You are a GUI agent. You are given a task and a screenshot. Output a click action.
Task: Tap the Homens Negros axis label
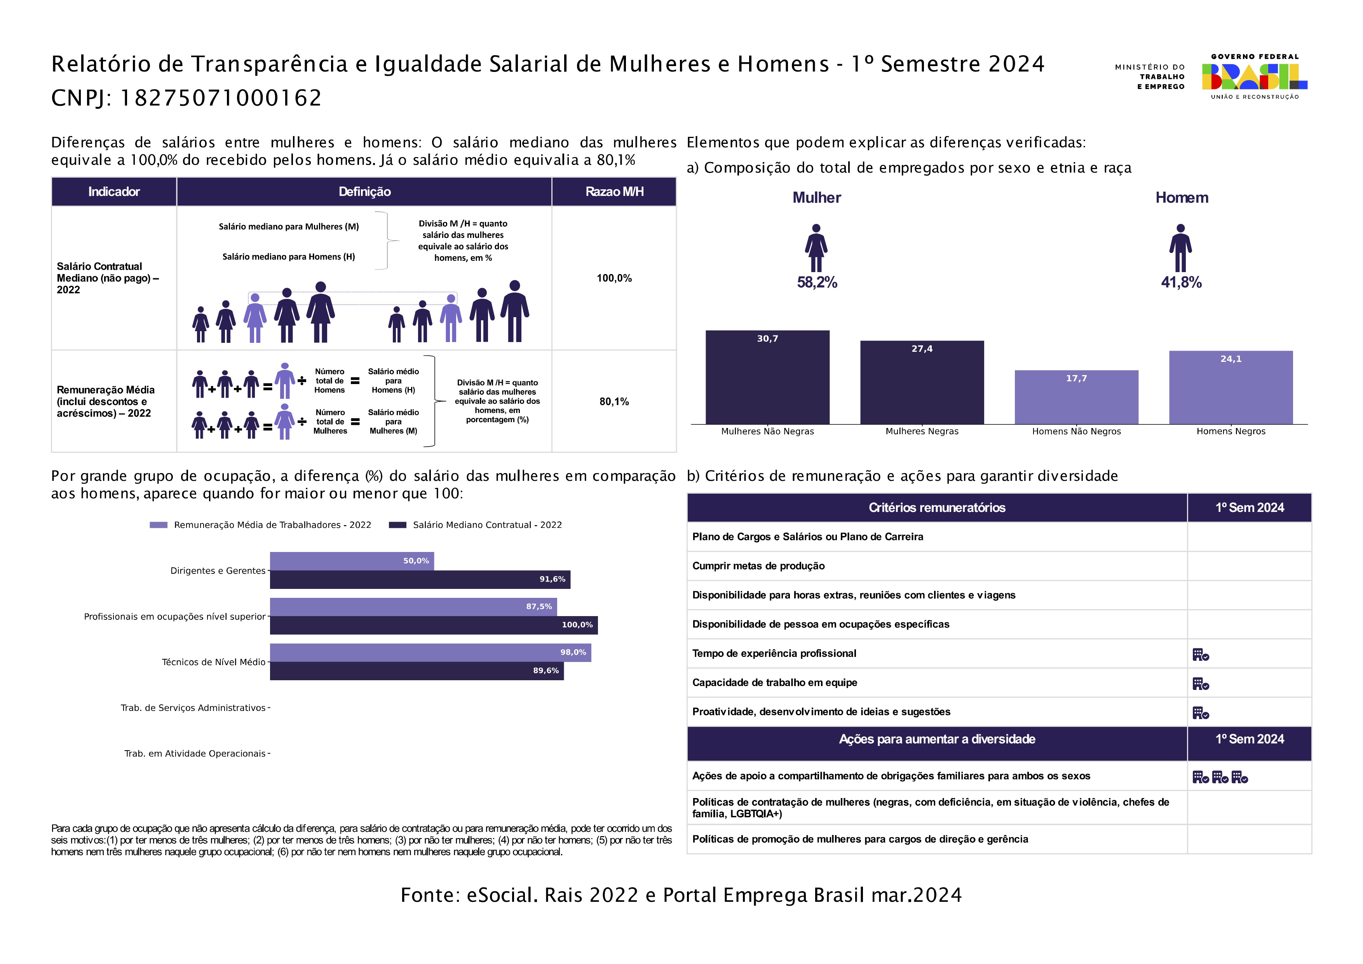click(x=1230, y=431)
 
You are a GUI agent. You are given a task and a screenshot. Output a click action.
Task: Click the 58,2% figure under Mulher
click(x=817, y=282)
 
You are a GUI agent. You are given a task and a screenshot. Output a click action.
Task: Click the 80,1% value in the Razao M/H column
click(x=614, y=402)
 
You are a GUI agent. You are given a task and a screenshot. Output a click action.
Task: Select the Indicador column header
click(x=113, y=191)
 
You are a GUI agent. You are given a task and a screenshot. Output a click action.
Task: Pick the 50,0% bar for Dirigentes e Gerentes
click(x=352, y=561)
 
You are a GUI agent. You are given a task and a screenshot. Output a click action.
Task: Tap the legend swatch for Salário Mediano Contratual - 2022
click(x=397, y=525)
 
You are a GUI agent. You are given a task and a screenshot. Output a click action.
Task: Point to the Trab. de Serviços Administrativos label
click(x=193, y=707)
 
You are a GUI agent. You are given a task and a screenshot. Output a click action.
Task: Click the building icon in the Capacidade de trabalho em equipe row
click(x=1200, y=684)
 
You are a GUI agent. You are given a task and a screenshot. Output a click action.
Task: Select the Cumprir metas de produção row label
click(x=758, y=566)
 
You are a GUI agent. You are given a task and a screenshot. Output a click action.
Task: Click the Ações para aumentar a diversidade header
click(x=937, y=739)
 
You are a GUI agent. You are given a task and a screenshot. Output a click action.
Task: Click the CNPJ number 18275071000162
click(x=221, y=98)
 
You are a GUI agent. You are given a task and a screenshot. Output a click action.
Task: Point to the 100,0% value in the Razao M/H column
click(x=614, y=278)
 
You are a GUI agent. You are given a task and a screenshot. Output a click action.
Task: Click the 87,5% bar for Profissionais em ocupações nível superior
click(x=413, y=606)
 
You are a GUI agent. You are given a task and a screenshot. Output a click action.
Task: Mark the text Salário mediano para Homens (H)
click(x=289, y=257)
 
